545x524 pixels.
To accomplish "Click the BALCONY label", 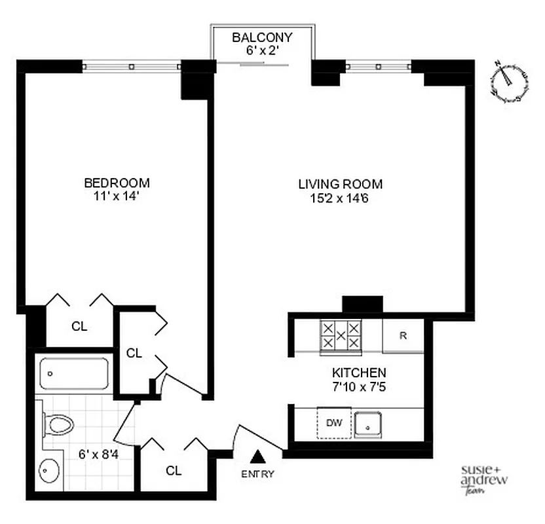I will [x=262, y=37].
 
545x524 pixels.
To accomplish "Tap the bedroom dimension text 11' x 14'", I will [x=117, y=195].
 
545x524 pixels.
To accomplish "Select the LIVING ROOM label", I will [x=341, y=184].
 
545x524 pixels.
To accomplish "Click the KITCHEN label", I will [x=358, y=372].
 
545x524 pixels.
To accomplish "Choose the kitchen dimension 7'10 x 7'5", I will [x=358, y=386].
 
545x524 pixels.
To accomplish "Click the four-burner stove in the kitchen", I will [x=340, y=335].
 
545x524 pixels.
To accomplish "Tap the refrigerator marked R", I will [x=404, y=336].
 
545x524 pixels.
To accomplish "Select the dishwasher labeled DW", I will [x=334, y=422].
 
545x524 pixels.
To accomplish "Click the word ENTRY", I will [x=258, y=474].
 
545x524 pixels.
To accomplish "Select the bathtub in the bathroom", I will [x=73, y=374].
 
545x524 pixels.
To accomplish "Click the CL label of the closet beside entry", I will [x=174, y=470].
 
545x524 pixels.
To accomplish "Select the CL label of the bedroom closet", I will [x=79, y=326].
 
